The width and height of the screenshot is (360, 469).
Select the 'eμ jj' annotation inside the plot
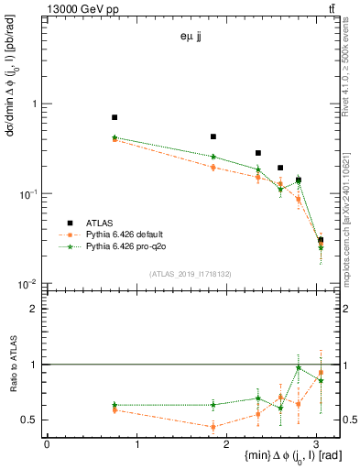pos(191,38)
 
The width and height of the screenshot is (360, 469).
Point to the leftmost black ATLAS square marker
pos(115,117)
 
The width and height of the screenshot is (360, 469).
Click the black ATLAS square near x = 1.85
pos(213,136)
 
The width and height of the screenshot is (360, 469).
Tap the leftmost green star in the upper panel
pos(115,137)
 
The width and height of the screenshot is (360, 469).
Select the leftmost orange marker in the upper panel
pos(115,139)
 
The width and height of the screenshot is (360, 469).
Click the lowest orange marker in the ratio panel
pos(213,427)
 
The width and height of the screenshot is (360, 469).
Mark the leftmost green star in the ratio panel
pos(115,405)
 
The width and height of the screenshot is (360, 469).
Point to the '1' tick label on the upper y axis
pos(36,104)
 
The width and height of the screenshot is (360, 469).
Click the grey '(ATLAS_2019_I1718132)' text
pos(191,274)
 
